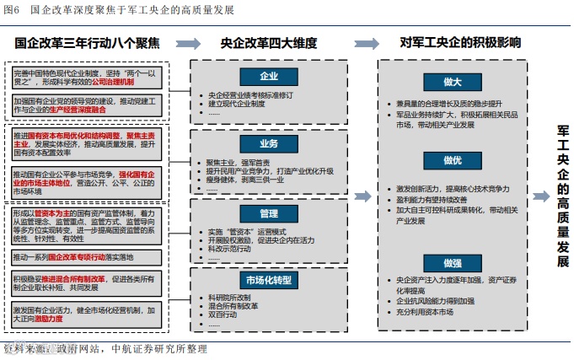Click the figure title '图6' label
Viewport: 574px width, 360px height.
(12, 9)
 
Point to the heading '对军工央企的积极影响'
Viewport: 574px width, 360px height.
(459, 42)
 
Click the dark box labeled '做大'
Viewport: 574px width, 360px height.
(452, 82)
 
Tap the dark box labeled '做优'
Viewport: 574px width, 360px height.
(452, 160)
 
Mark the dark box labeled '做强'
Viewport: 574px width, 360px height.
(452, 262)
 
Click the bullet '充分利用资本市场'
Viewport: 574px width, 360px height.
(428, 312)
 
